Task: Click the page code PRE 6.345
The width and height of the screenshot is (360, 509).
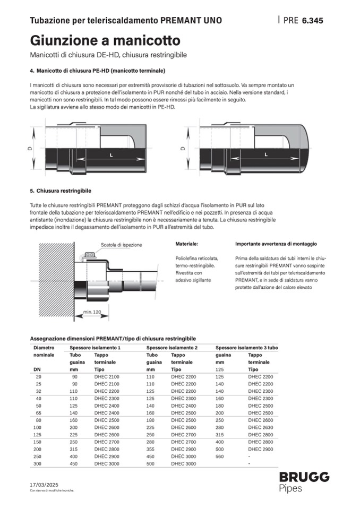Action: [x=303, y=21]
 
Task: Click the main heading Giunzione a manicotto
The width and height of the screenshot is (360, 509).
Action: [x=105, y=40]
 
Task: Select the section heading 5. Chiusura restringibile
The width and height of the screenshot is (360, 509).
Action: [x=61, y=191]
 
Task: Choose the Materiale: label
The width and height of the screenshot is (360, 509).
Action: [x=186, y=244]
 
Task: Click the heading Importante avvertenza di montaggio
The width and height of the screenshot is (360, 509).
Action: [x=276, y=244]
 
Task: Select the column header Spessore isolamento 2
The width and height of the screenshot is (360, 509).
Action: [x=172, y=347]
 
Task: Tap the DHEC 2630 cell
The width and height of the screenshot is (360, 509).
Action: [x=261, y=427]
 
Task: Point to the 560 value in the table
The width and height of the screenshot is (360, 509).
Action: [x=220, y=456]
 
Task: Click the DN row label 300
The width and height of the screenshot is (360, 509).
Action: [x=38, y=463]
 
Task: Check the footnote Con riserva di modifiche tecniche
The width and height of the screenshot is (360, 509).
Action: [x=52, y=491]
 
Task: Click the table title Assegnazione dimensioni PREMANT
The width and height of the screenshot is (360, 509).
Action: [x=113, y=338]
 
